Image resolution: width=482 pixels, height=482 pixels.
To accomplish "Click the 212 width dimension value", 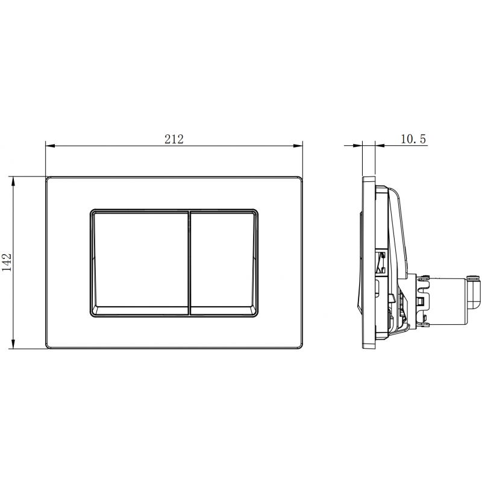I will (x=174, y=139).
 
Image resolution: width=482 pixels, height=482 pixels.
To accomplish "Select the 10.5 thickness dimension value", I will (x=413, y=139).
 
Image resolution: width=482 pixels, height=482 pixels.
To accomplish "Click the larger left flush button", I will (x=140, y=262).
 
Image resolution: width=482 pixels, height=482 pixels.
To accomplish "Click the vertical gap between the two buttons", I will (x=190, y=262).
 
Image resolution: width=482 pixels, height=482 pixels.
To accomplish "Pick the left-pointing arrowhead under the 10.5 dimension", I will (x=378, y=145).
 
